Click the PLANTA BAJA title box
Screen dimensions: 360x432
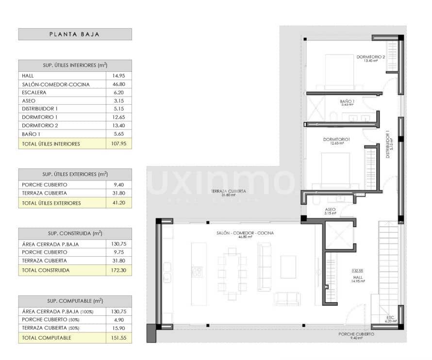[75, 34]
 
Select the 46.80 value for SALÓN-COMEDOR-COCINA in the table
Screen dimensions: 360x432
[118, 84]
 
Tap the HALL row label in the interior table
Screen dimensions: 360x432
[28, 76]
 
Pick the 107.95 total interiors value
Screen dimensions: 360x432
[118, 144]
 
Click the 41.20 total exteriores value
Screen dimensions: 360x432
[118, 203]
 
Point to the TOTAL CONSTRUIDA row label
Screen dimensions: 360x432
[46, 270]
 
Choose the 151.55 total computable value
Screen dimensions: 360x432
[118, 338]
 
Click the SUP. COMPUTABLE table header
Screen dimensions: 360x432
[75, 301]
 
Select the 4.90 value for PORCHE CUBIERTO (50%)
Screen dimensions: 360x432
[118, 320]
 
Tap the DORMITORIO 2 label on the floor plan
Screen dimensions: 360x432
[370, 57]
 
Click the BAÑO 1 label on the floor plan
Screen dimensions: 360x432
[347, 101]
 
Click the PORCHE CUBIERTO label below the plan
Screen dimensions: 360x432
[356, 335]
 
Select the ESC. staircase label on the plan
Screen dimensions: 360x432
[390, 318]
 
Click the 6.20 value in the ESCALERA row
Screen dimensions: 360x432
[118, 93]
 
